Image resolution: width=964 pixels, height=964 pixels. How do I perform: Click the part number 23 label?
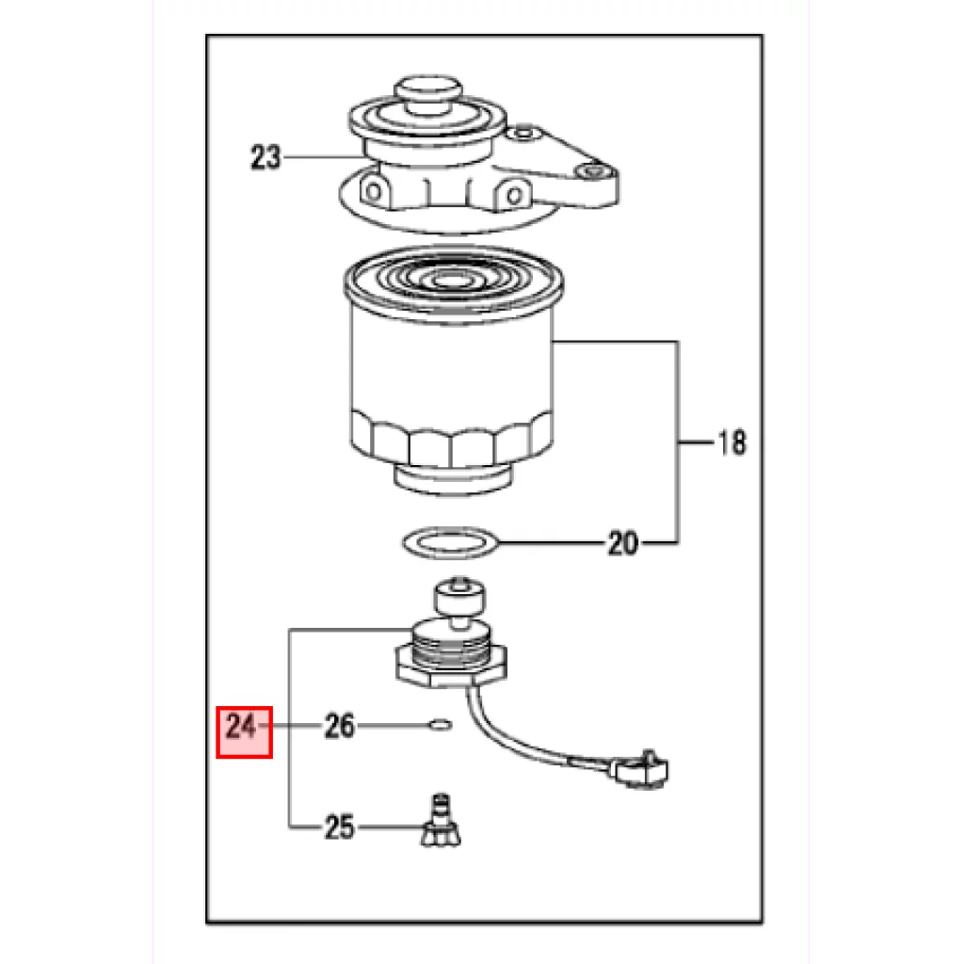(265, 157)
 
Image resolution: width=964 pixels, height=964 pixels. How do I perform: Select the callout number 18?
(732, 442)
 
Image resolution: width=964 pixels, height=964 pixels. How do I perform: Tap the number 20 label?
(623, 543)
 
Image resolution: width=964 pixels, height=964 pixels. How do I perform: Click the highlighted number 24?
(241, 727)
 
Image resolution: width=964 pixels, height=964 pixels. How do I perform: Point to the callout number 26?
(340, 726)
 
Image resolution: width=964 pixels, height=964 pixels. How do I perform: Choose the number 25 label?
(340, 827)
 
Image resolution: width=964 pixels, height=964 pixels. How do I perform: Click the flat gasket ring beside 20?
(451, 543)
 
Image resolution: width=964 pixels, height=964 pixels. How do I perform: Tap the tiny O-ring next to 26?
(441, 726)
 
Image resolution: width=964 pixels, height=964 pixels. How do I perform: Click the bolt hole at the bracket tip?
(593, 171)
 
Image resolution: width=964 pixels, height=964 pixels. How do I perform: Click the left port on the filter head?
(374, 191)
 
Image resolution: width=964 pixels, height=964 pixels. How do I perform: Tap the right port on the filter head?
(515, 196)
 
